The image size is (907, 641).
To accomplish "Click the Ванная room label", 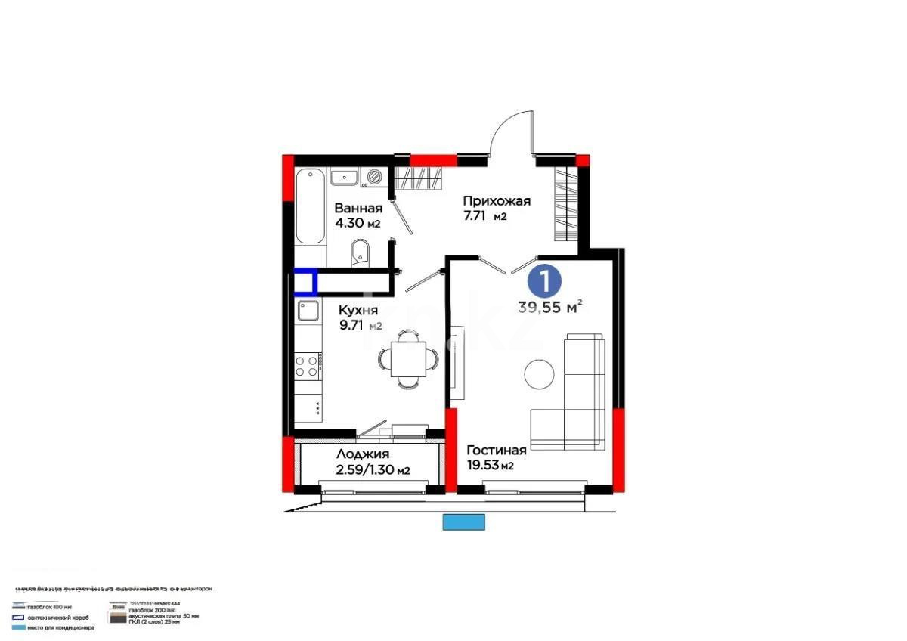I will (358, 208).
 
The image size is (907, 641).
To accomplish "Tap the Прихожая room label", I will (497, 201).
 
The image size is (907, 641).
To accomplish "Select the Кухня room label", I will (358, 310).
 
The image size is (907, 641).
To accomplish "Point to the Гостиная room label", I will (496, 451).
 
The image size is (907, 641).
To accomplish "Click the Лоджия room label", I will (363, 454).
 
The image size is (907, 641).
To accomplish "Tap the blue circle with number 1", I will (545, 280).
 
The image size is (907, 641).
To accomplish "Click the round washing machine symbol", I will (374, 177).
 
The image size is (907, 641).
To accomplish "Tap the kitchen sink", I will (308, 311).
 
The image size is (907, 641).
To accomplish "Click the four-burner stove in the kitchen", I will (307, 367).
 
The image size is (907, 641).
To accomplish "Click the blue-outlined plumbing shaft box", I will (305, 282).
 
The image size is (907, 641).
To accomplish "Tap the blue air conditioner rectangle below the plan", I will (463, 522).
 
